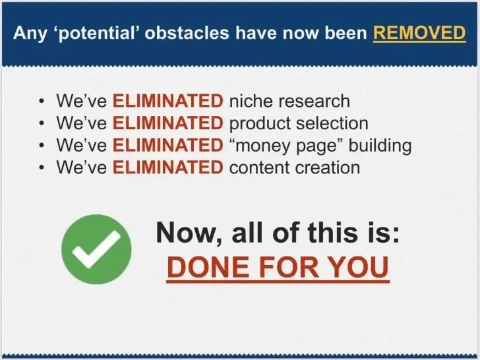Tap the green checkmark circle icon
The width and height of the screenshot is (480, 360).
pyautogui.click(x=96, y=249)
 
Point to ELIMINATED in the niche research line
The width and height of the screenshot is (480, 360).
pyautogui.click(x=167, y=101)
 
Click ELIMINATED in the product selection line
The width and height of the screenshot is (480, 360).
pyautogui.click(x=167, y=123)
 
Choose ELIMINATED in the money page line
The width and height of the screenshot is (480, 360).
pyautogui.click(x=167, y=145)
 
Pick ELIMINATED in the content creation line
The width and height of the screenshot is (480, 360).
pyautogui.click(x=167, y=167)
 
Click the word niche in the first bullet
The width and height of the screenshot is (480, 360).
pyautogui.click(x=249, y=101)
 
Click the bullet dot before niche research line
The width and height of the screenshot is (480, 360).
pyautogui.click(x=42, y=102)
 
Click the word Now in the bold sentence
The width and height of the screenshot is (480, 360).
pyautogui.click(x=181, y=233)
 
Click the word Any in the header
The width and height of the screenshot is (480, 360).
pyautogui.click(x=30, y=33)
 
